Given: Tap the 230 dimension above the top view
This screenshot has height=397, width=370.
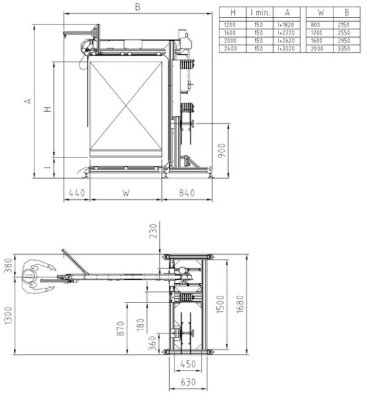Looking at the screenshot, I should [154, 231].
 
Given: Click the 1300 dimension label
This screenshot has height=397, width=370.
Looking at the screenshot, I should [9, 317].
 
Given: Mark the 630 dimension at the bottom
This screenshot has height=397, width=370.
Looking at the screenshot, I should [188, 382].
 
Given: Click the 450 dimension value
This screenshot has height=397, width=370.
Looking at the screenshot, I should [188, 363].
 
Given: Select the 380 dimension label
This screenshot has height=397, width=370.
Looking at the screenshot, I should [9, 265].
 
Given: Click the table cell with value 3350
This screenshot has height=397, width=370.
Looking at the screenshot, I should [342, 48].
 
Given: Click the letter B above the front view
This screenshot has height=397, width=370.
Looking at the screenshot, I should [137, 7].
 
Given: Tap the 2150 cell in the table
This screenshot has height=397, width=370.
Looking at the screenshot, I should [342, 24].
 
